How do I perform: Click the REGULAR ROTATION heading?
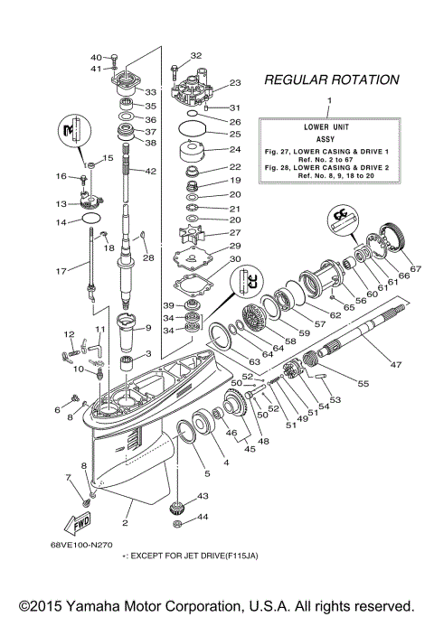point(330,80)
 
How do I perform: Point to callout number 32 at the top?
point(195,55)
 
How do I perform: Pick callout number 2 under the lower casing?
point(126,523)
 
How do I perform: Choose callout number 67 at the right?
point(416,268)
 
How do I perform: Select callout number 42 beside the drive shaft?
point(150,171)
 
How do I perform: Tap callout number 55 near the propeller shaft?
point(364,383)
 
